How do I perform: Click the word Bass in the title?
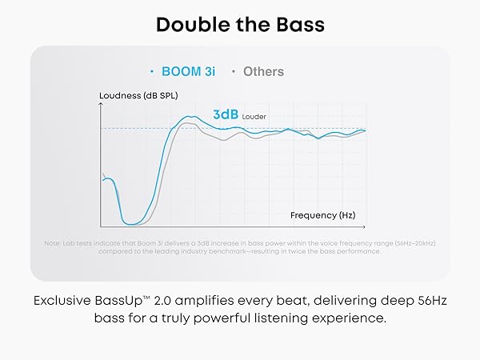tap(300, 24)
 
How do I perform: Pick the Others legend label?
tap(263, 71)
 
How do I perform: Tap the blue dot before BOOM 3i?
tap(152, 71)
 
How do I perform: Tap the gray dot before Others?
tap(233, 71)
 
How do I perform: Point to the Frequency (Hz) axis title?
tap(322, 215)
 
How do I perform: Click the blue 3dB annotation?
tap(226, 114)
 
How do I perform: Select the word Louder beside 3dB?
tap(254, 116)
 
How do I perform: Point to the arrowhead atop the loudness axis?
tap(101, 106)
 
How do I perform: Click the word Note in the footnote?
tap(53, 243)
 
